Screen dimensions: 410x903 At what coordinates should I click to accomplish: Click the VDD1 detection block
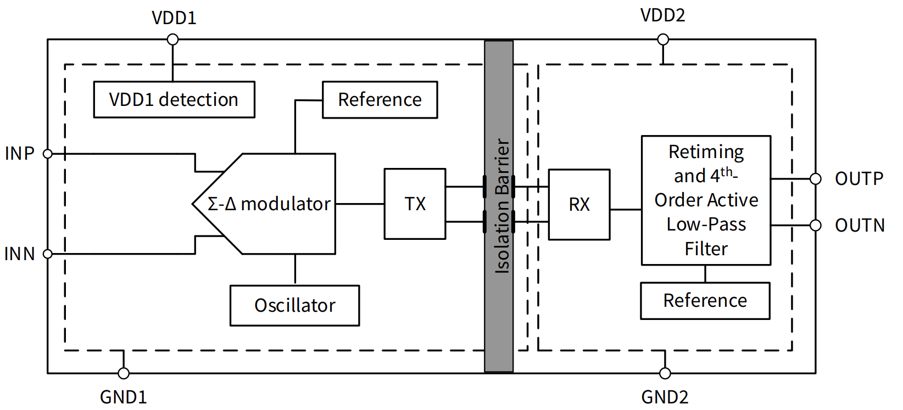coord(174,100)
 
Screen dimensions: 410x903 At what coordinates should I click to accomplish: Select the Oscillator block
coord(294,306)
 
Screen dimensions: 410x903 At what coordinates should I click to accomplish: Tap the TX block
coord(415,204)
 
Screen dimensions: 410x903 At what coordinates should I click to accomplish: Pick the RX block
coord(579,205)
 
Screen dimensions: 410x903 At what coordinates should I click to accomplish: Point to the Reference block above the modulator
coord(380,100)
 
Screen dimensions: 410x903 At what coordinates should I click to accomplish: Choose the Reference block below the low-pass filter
coord(705,301)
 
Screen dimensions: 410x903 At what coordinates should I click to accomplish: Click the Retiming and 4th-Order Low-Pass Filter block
coord(706,200)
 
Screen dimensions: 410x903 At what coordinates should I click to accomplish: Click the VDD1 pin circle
coord(172,40)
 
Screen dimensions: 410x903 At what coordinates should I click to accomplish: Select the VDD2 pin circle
coord(663,40)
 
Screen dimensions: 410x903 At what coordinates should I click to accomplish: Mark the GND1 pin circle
coord(124,373)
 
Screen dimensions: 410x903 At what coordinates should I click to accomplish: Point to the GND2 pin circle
coord(665,373)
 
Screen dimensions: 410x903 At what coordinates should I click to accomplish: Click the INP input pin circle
coord(48,154)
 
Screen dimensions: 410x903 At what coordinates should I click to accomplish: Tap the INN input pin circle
coord(48,254)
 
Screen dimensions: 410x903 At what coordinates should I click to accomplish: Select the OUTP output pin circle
coord(816,179)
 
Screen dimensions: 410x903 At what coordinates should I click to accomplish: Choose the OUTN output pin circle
coord(816,226)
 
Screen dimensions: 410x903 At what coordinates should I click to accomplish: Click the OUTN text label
coord(860,226)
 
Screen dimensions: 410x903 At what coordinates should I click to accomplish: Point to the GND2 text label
coord(665,397)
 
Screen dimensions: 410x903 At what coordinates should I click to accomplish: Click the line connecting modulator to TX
coord(360,204)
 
